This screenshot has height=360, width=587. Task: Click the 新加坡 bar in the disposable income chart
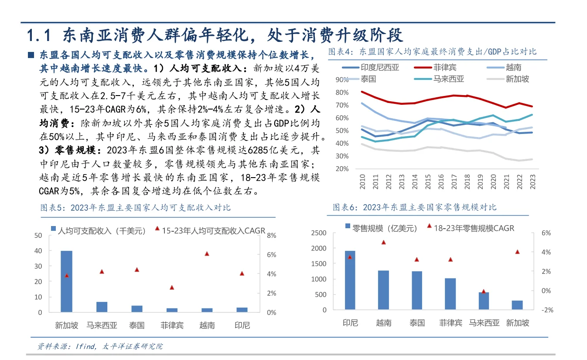click(66, 281)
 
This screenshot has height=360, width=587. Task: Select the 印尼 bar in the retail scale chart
click(350, 280)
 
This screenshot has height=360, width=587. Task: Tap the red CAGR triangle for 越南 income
click(207, 254)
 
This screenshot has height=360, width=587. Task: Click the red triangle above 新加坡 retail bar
click(517, 252)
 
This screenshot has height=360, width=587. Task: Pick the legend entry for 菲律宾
click(444, 68)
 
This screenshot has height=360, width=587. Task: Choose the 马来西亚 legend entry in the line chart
click(448, 79)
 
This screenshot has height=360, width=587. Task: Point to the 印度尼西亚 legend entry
click(379, 68)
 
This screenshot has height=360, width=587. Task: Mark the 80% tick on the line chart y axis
click(342, 93)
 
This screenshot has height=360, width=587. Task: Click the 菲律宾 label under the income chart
click(172, 325)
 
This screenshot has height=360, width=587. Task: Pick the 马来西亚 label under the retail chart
click(484, 323)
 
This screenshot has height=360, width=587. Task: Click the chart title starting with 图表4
click(432, 52)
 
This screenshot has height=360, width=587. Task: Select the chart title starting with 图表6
click(415, 207)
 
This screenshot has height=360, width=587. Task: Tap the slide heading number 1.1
click(40, 34)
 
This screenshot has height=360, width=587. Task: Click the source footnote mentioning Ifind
click(100, 346)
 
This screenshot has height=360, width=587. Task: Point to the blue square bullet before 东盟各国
click(31, 55)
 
